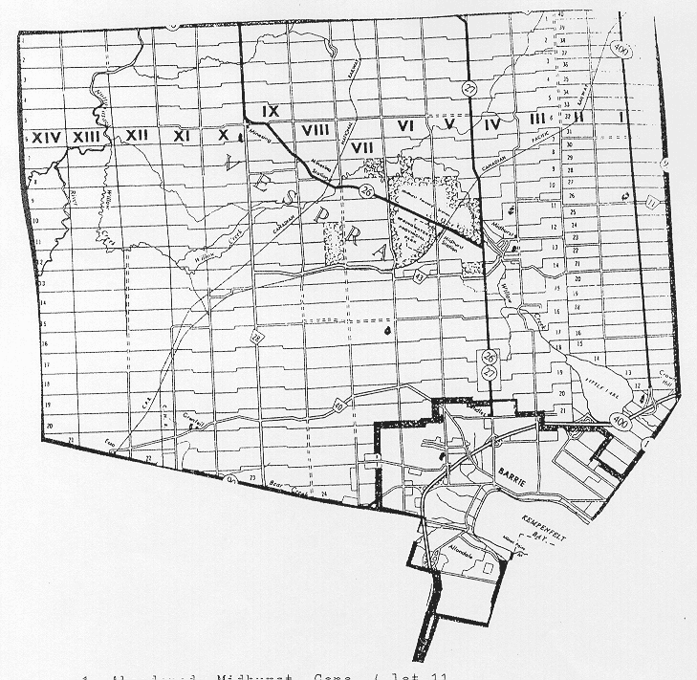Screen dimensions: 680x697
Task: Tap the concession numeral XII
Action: tap(136, 136)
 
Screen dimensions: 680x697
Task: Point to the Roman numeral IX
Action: tap(270, 111)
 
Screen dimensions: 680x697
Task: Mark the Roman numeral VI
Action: tap(405, 125)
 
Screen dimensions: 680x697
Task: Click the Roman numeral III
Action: tap(535, 118)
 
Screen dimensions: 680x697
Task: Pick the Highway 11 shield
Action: tap(651, 203)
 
